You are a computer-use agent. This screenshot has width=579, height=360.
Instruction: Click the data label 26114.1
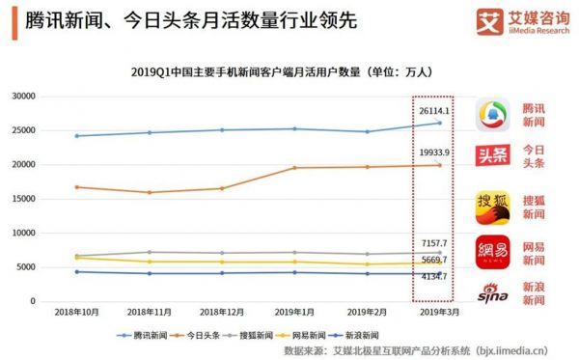point(435,111)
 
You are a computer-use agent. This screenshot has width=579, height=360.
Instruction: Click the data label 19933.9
point(435,152)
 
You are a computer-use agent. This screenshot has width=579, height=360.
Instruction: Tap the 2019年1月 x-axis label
point(295,314)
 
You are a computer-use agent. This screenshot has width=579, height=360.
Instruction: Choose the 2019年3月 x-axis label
point(439,314)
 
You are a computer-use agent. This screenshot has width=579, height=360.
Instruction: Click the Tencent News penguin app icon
point(492,116)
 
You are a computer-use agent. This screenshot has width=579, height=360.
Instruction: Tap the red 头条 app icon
point(492,156)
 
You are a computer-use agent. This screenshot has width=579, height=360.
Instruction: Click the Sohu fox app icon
point(492,206)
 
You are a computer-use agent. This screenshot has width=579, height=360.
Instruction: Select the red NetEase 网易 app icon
point(492,251)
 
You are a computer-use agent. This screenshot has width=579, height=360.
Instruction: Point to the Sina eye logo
point(492,291)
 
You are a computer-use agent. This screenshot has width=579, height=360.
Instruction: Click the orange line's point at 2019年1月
point(295,168)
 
